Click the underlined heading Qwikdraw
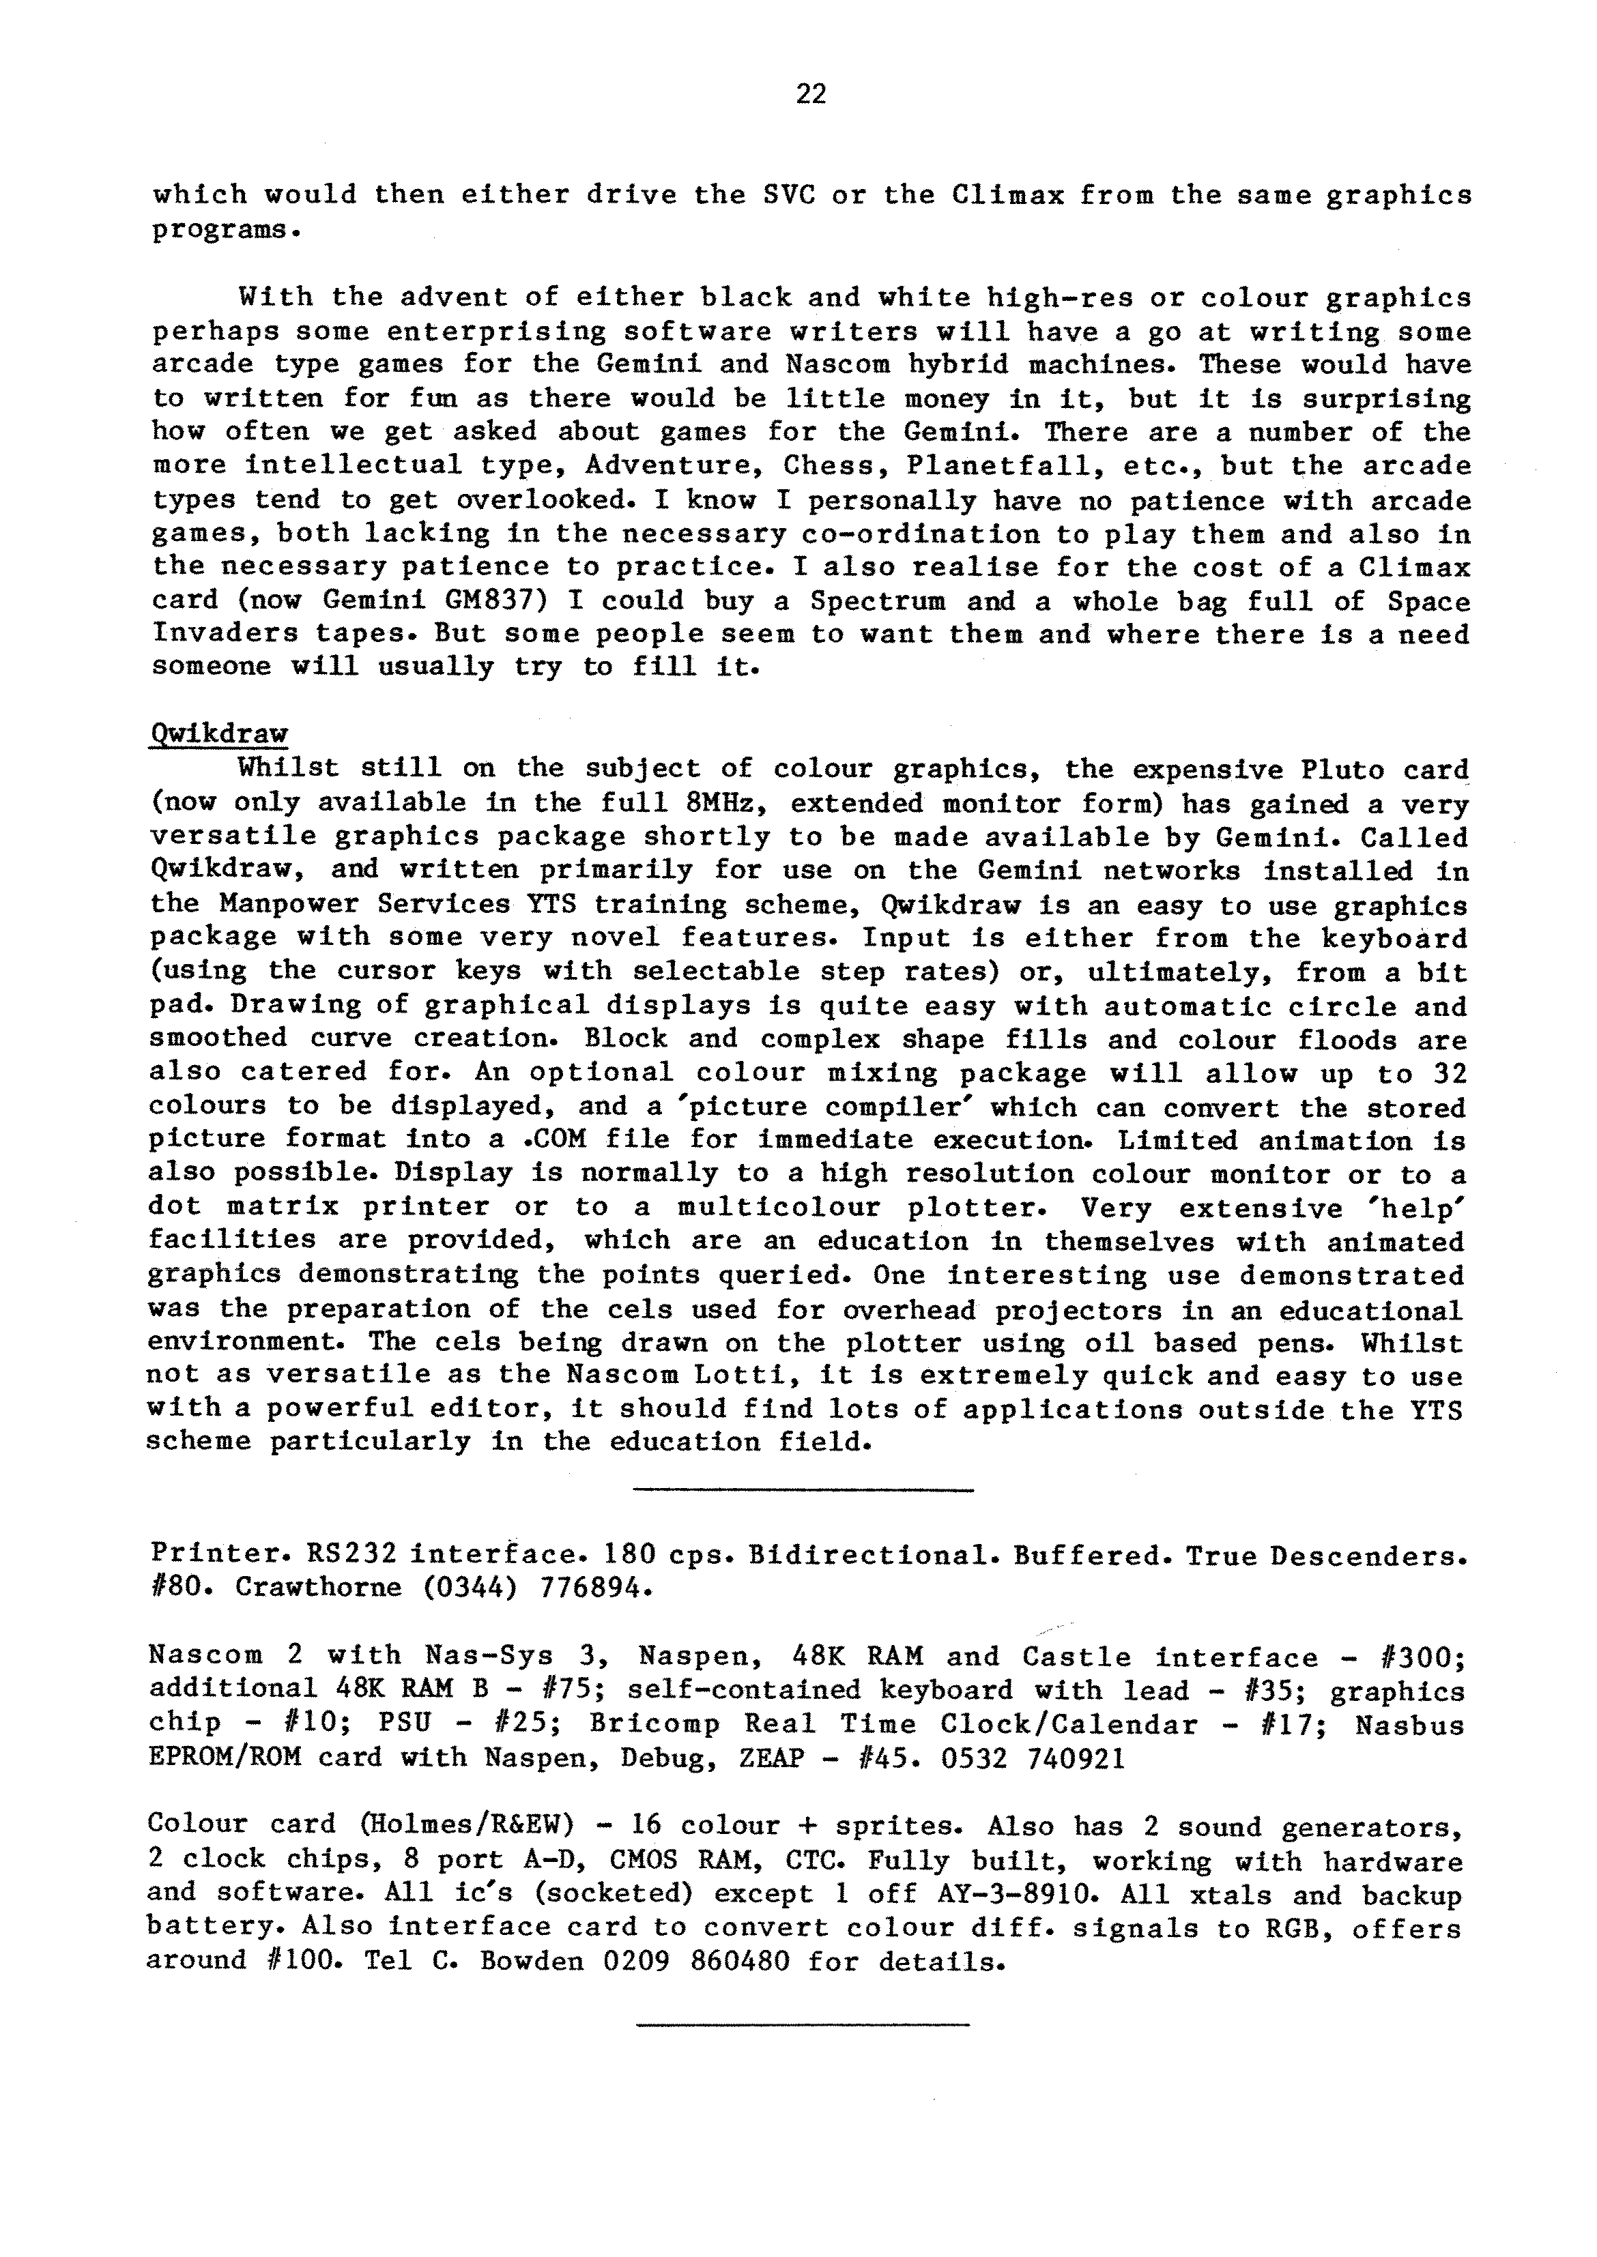click(x=218, y=734)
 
